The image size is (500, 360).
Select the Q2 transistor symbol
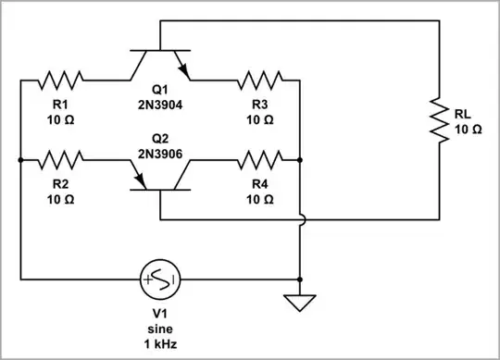(x=160, y=176)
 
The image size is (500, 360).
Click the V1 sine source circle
(x=160, y=279)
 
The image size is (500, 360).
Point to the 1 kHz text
(x=160, y=344)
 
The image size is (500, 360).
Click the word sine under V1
(x=160, y=329)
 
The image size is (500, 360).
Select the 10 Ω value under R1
(x=62, y=119)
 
